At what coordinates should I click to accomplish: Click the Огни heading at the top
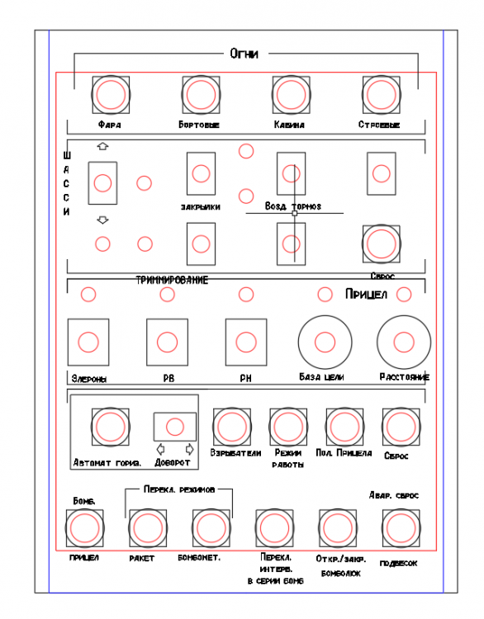coord(244,54)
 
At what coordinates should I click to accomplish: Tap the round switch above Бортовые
coord(199,94)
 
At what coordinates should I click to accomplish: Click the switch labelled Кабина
coord(290,94)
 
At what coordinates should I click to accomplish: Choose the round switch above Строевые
coord(380,94)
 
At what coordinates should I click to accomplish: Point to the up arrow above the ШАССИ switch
coord(103,146)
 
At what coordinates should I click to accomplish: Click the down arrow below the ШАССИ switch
coord(103,220)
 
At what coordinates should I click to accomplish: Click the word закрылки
coord(200,206)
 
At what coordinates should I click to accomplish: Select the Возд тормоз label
coord(292,206)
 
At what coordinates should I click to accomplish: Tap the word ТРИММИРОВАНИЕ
coord(172,281)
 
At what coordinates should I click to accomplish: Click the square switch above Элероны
coord(88,341)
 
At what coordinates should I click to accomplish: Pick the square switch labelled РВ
coord(167,341)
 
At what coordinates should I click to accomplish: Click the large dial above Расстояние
coord(404,341)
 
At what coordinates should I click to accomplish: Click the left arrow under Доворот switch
coord(160,450)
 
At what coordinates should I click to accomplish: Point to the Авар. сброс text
coord(393,495)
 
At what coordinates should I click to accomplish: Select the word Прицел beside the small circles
coord(364,295)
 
